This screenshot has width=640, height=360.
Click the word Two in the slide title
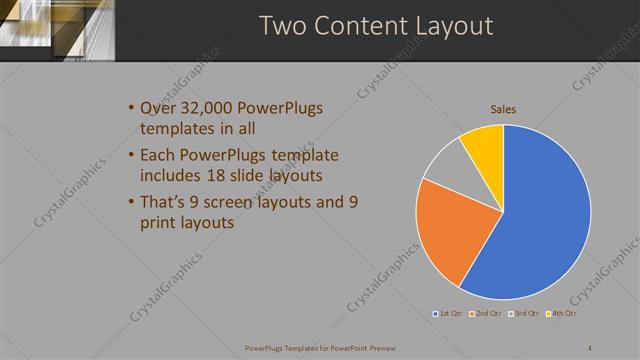click(283, 26)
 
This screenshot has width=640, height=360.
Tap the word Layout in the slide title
click(451, 26)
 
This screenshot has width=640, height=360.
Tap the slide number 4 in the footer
click(590, 348)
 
